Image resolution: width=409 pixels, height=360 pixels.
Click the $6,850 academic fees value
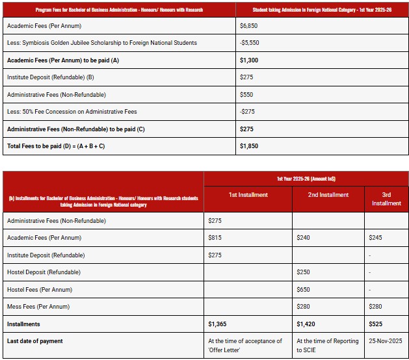[248, 25]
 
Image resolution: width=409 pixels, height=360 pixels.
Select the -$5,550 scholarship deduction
[250, 43]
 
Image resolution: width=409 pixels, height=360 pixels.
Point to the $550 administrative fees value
[246, 94]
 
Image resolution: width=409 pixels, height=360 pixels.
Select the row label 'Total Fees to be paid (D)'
[55, 146]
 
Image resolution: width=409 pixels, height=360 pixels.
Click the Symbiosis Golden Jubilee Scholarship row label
[101, 43]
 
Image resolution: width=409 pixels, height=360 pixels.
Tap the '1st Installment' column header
[248, 195]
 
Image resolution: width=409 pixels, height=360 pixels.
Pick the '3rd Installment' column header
[386, 199]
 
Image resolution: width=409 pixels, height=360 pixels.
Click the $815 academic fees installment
[215, 238]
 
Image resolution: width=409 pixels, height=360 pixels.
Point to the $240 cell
[303, 238]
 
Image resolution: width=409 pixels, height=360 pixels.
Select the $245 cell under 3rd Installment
[375, 238]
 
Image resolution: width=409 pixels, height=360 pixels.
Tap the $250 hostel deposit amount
[303, 272]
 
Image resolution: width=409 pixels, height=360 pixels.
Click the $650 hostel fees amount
[303, 289]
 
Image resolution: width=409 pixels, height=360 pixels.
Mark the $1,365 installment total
[217, 324]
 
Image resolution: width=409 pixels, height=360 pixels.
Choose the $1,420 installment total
[306, 324]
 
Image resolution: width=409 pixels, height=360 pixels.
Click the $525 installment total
[375, 324]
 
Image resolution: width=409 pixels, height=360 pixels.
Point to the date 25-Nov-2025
[386, 341]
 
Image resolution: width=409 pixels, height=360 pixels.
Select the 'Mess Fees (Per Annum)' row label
[38, 307]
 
